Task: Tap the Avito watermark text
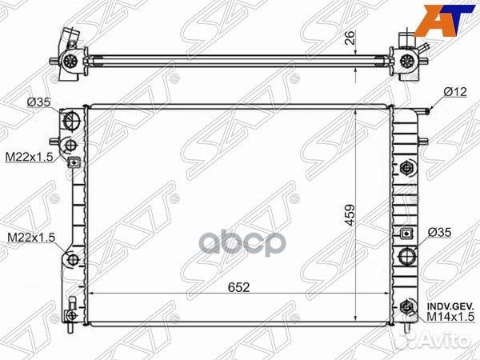[x=444, y=342]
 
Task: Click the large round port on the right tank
[x=407, y=257]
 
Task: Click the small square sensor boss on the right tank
[x=407, y=234]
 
